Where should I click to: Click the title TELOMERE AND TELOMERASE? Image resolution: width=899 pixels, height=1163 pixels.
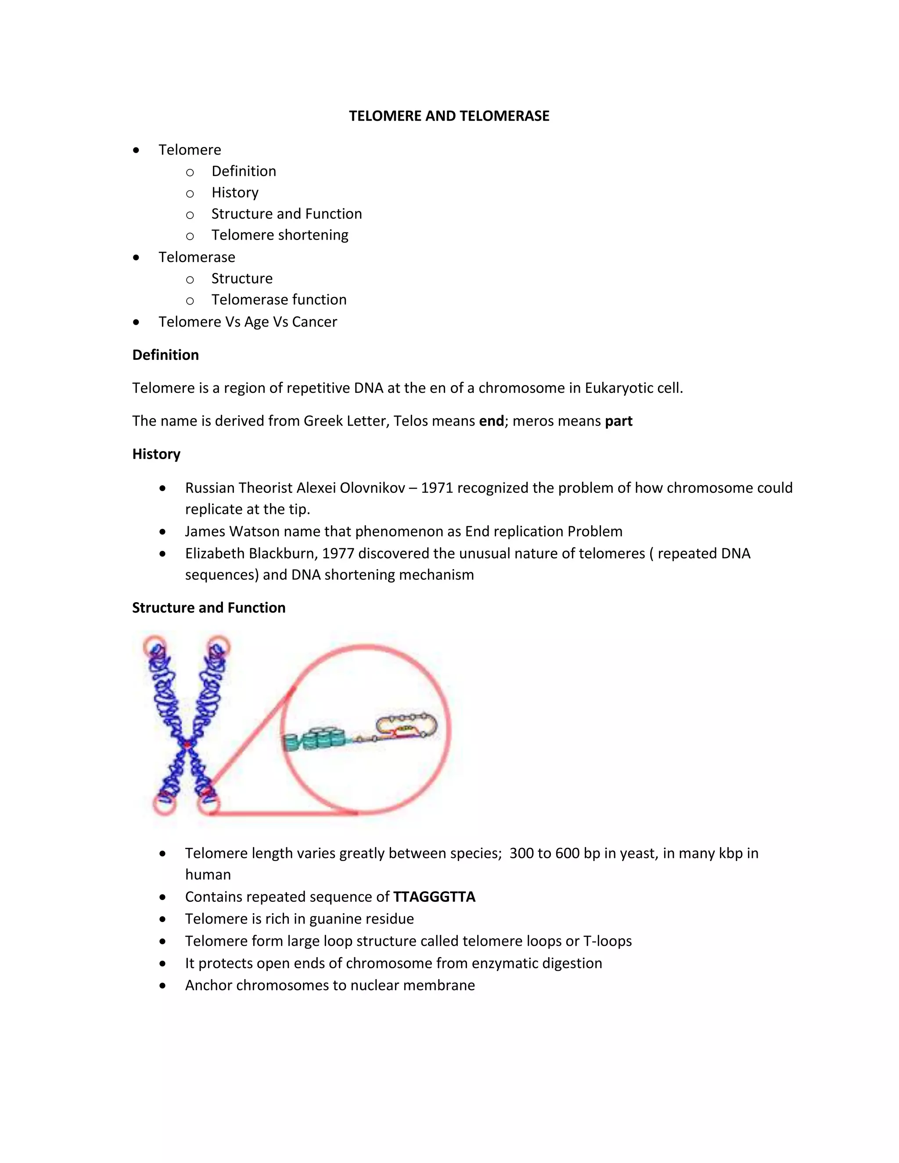pos(449,116)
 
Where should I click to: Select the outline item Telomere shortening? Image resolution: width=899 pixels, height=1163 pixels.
pos(280,235)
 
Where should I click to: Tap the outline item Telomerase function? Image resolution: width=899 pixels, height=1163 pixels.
pos(279,300)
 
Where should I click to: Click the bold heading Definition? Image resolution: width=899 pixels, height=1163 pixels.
pos(165,355)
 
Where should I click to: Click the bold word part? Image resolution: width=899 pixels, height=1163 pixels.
pos(619,421)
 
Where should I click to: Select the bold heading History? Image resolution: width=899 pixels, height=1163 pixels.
pos(156,454)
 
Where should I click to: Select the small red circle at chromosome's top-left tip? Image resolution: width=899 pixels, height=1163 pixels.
pos(155,646)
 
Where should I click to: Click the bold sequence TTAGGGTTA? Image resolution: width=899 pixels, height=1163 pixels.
pos(434,897)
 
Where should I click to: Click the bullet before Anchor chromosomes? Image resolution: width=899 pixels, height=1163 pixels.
pos(162,986)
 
